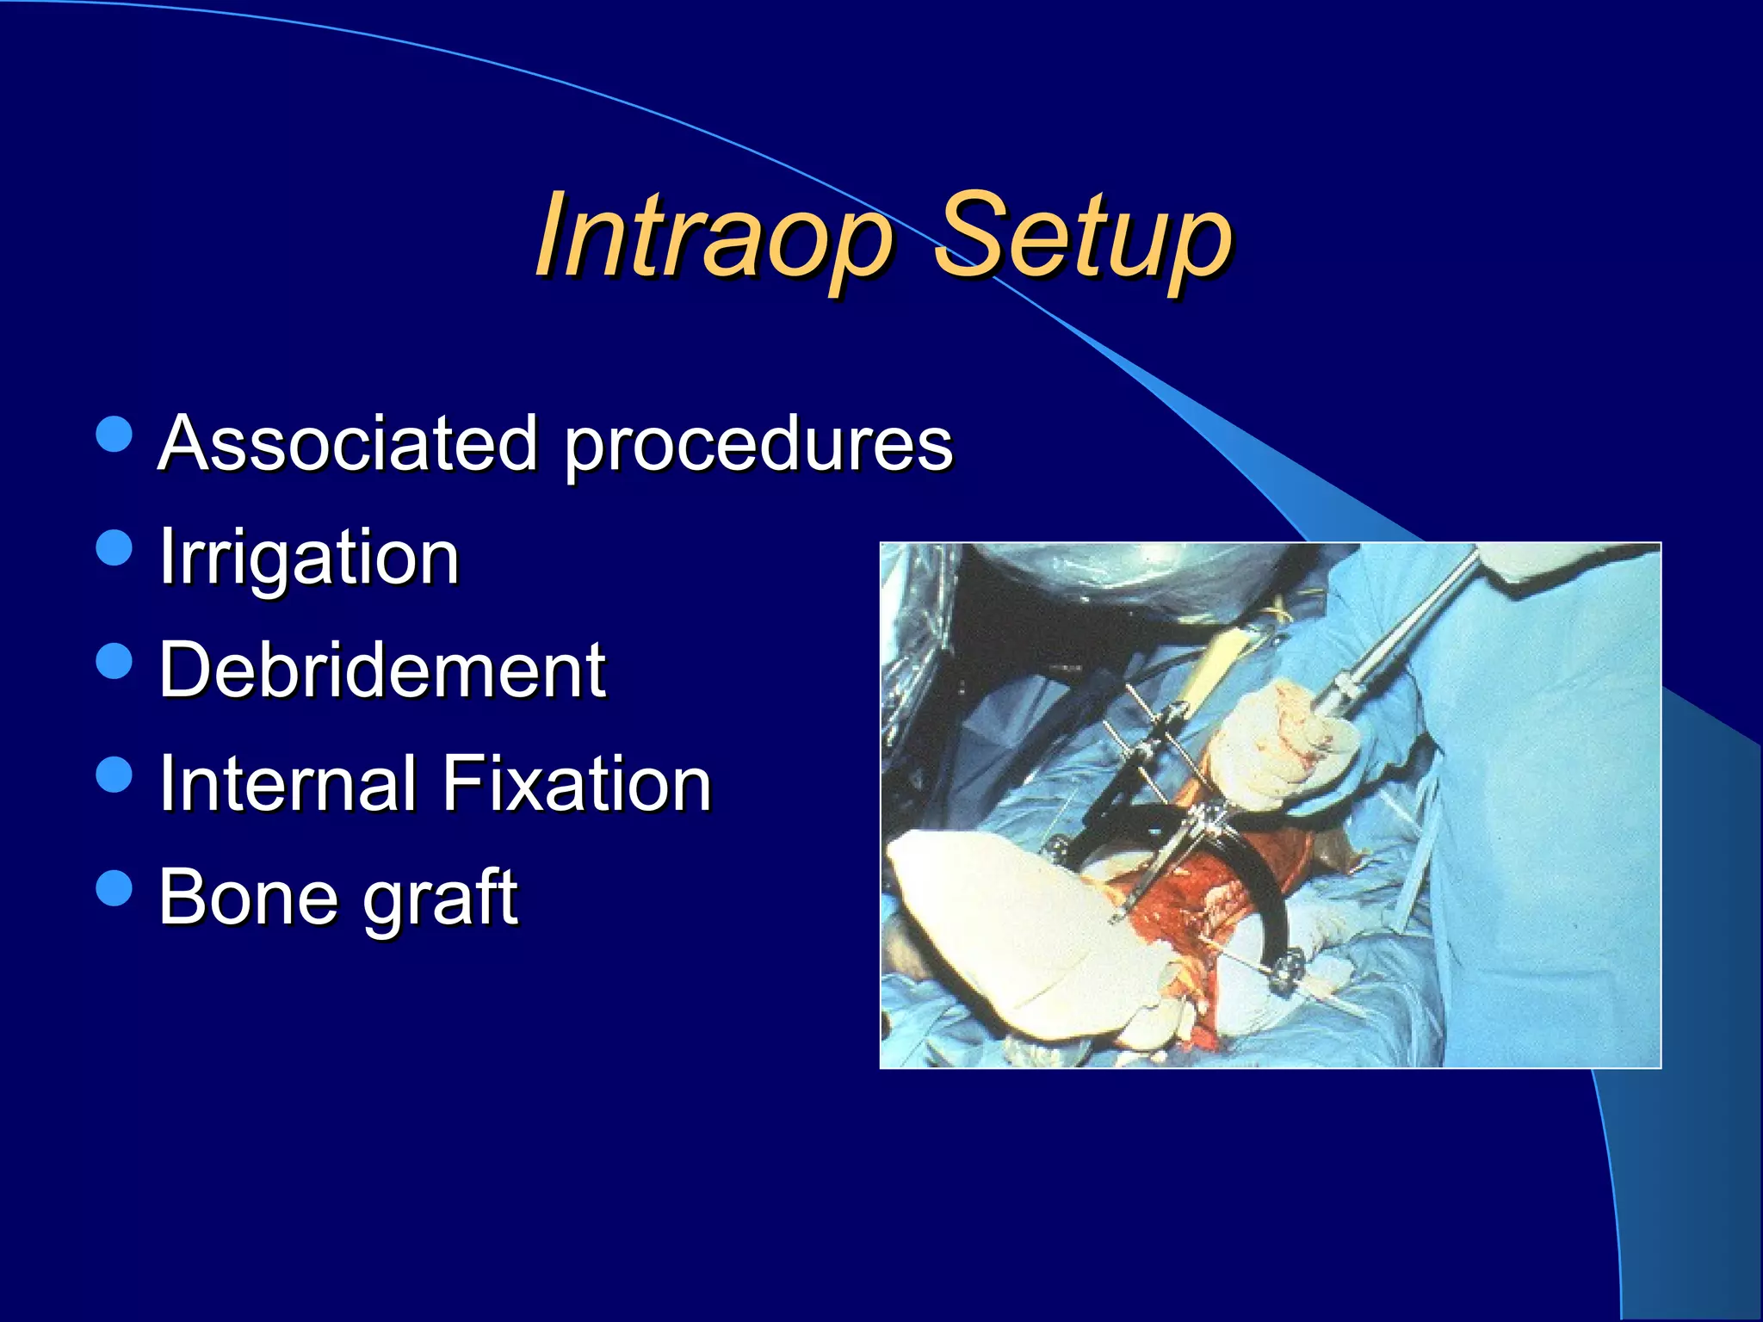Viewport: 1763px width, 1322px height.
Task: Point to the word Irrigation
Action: point(309,558)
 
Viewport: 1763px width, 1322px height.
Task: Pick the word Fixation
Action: point(577,782)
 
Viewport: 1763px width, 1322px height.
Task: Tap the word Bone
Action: point(250,896)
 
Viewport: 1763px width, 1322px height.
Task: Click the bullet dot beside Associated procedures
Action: point(114,435)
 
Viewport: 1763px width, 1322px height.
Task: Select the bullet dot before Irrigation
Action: point(114,547)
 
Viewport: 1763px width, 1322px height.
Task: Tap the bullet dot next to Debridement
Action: point(114,661)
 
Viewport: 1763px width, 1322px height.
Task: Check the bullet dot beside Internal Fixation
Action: point(114,774)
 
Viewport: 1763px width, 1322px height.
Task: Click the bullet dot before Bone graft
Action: point(114,887)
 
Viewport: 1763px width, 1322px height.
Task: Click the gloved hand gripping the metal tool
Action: point(1283,744)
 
